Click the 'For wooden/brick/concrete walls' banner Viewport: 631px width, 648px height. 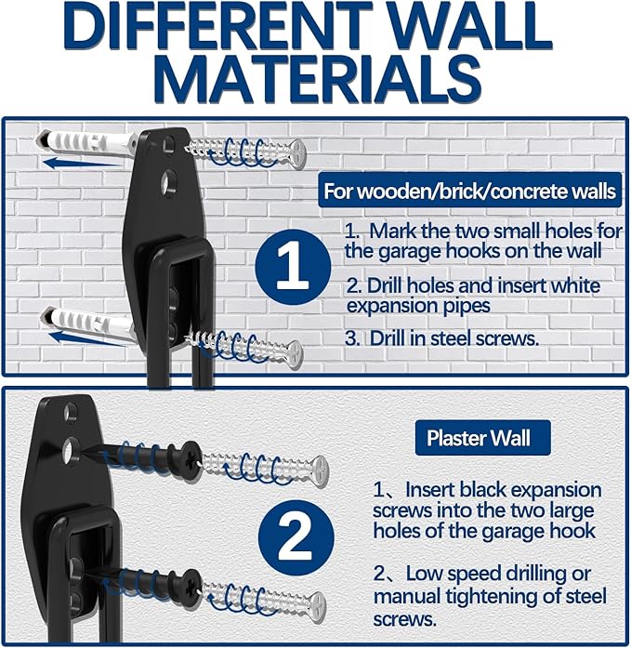coord(469,192)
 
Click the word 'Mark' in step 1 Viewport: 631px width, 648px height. coord(386,230)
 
